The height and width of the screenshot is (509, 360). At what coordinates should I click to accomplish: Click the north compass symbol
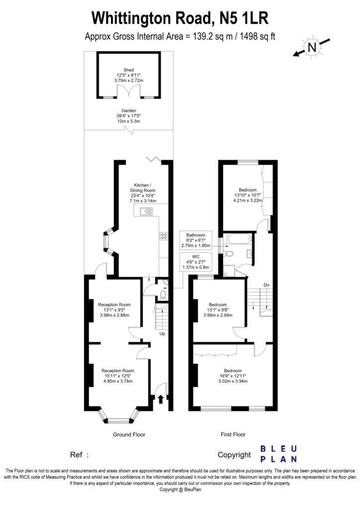[x=312, y=48]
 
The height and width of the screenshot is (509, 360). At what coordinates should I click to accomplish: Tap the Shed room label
[x=129, y=70]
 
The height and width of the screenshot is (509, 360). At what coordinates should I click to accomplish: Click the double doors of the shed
[x=129, y=93]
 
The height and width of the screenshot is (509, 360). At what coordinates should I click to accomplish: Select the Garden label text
[x=129, y=111]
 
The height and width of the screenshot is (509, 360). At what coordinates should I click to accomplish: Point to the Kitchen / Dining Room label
[x=142, y=187]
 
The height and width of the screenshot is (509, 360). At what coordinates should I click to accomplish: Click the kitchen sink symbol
[x=147, y=212]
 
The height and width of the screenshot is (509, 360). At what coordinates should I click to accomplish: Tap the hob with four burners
[x=164, y=237]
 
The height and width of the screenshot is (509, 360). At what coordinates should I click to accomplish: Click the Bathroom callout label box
[x=196, y=240]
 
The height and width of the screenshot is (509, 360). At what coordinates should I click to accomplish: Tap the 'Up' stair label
[x=162, y=334]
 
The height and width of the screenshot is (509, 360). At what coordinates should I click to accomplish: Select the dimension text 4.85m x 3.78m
[x=118, y=381]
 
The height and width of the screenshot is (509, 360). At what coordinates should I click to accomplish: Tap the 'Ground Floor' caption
[x=128, y=434]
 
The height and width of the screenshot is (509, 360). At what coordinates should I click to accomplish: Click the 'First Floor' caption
[x=233, y=434]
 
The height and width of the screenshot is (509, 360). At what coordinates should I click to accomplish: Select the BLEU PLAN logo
[x=279, y=453]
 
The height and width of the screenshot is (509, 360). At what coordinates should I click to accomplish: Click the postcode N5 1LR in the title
[x=241, y=18]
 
